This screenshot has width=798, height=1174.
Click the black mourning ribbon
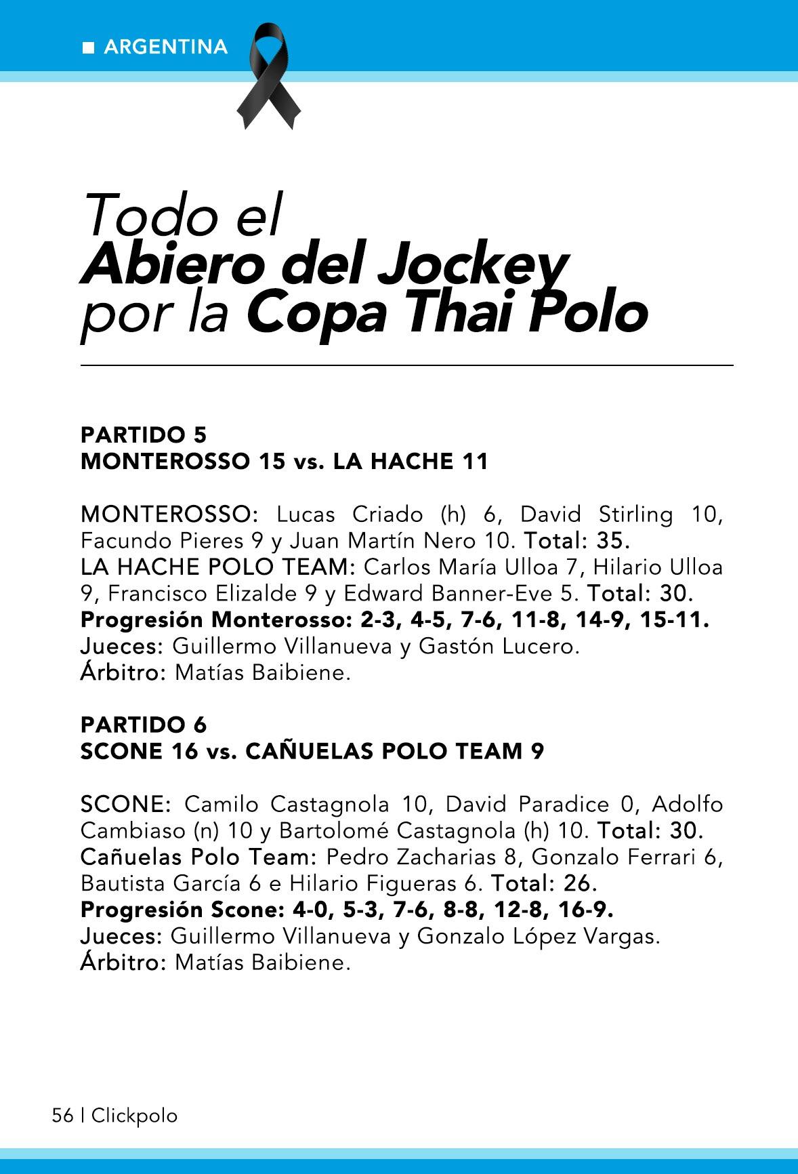tap(269, 75)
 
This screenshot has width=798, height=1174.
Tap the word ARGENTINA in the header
tap(166, 47)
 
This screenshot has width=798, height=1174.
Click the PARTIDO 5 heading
tap(144, 434)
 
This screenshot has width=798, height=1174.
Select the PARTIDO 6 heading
tap(144, 725)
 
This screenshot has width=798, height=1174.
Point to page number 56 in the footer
tap(62, 1115)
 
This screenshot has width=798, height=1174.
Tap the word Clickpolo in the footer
tap(134, 1116)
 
